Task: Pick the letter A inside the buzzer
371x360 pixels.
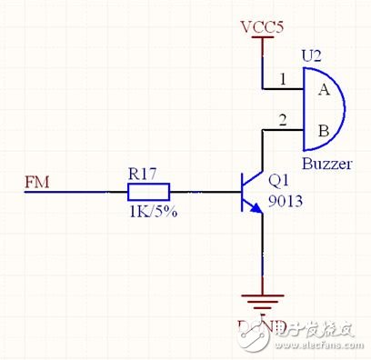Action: (322, 90)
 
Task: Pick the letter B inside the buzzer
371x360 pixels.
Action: (322, 131)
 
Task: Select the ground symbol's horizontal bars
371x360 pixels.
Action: (263, 301)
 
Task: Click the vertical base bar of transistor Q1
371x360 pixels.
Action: (242, 192)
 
